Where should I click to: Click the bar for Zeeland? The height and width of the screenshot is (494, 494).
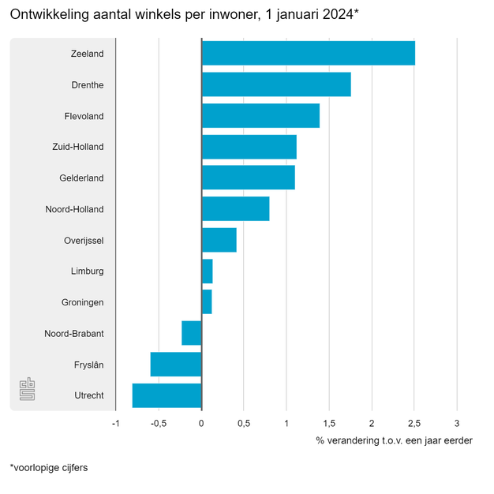(308, 54)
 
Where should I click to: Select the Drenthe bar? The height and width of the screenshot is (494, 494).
(276, 84)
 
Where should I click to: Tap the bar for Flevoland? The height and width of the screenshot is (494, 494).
(260, 116)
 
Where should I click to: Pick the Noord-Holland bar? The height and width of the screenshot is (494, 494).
(235, 209)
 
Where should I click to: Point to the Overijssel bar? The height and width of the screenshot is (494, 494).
(219, 240)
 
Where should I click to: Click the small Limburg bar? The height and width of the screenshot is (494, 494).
(207, 271)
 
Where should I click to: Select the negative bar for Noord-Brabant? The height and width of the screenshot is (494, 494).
(192, 333)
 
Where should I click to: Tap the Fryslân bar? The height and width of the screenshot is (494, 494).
(176, 365)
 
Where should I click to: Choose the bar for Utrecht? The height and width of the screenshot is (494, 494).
(167, 395)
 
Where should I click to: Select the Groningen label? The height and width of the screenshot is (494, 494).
(83, 302)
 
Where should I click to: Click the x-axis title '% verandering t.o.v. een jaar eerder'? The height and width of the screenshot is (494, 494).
(394, 440)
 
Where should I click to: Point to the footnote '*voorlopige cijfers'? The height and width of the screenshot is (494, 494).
(49, 468)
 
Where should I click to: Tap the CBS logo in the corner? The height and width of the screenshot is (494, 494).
(28, 390)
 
